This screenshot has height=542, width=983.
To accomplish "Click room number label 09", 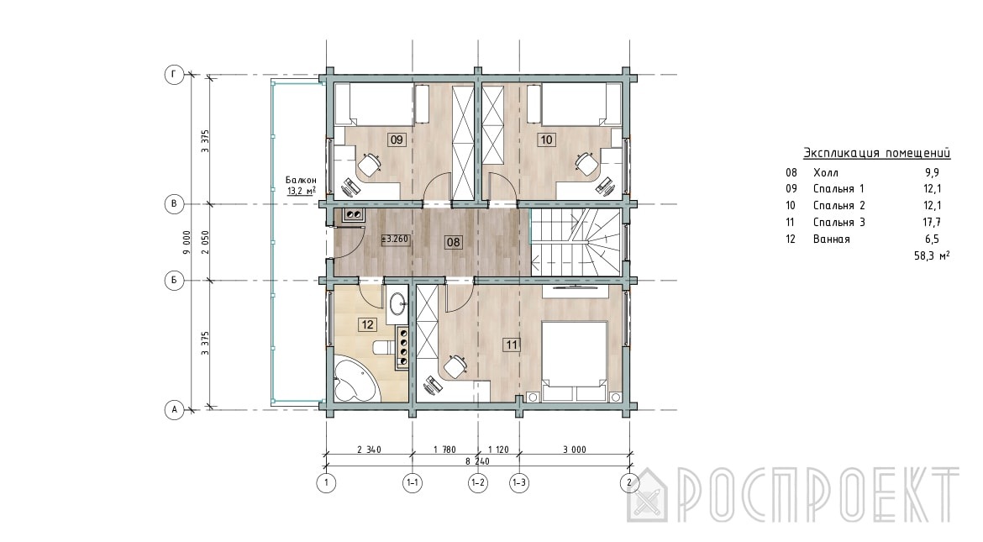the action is pyautogui.click(x=397, y=139).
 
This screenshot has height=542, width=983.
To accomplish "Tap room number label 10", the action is pyautogui.click(x=546, y=139).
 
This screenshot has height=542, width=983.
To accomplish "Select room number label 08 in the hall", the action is pyautogui.click(x=453, y=242).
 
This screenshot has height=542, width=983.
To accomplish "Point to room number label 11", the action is pyautogui.click(x=512, y=345).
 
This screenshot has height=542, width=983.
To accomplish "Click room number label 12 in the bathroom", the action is pyautogui.click(x=367, y=324).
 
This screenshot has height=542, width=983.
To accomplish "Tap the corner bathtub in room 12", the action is pyautogui.click(x=355, y=377).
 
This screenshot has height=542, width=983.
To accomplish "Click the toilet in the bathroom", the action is pyautogui.click(x=381, y=347).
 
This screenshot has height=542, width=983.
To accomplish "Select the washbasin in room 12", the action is pyautogui.click(x=398, y=306).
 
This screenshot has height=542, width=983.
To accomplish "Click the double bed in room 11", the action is pyautogui.click(x=574, y=361).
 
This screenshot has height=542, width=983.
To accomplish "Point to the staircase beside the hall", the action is pyautogui.click(x=576, y=242).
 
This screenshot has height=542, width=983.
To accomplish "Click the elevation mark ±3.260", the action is pyautogui.click(x=396, y=239).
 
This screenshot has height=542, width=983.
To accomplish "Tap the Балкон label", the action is pyautogui.click(x=301, y=180).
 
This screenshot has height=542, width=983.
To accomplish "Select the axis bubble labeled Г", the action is pyautogui.click(x=174, y=76).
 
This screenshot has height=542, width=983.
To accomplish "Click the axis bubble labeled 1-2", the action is pyautogui.click(x=478, y=483).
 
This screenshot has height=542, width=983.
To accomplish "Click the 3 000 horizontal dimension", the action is pyautogui.click(x=574, y=450).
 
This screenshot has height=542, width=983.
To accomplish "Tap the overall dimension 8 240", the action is pyautogui.click(x=477, y=461).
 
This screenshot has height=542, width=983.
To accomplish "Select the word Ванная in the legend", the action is pyautogui.click(x=831, y=239).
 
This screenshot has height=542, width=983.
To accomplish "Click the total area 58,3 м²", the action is pyautogui.click(x=932, y=255).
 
